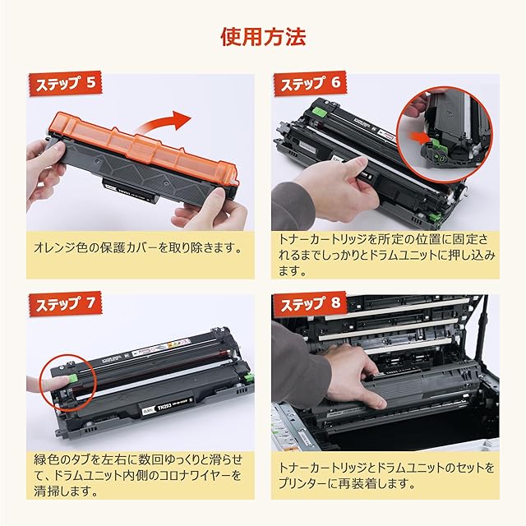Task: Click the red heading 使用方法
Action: coord(263,37)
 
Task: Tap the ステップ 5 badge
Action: coord(66,84)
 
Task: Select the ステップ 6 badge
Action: coord(311,84)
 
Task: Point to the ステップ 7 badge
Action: coord(66,304)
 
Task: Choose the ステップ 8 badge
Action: coord(311,304)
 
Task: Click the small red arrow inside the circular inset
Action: coord(419,137)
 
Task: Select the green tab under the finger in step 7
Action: coord(72,379)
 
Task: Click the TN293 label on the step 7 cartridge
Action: coord(164,407)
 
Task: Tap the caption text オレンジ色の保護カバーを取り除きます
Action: coord(138,248)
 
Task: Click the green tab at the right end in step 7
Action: coord(248,377)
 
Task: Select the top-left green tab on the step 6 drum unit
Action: coord(320,111)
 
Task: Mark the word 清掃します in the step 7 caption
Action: coord(66,491)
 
